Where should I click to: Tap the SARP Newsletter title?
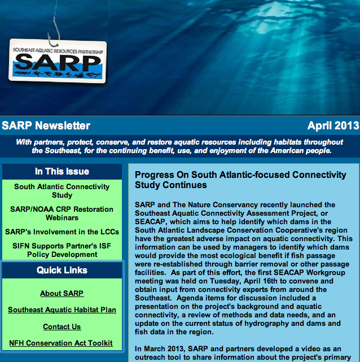46,125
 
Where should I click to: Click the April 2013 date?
332,125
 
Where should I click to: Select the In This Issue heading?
62,171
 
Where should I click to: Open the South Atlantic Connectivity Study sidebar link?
62,191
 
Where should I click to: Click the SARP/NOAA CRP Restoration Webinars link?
62,213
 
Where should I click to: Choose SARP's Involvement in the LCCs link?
62,232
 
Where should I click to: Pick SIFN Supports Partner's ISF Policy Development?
62,250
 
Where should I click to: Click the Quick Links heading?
62,271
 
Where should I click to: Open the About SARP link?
62,293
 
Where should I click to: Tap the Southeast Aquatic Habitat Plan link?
62,309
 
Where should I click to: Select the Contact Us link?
62,326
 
